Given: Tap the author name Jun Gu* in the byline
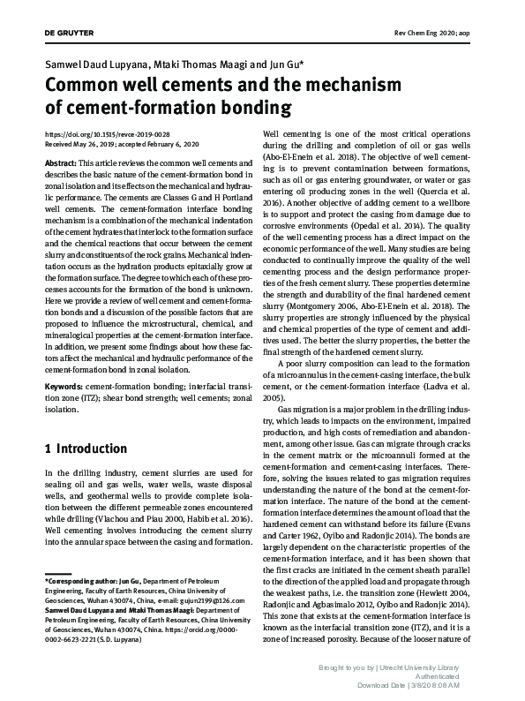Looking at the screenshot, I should (x=284, y=66).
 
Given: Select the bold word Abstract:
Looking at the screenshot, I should (x=60, y=165).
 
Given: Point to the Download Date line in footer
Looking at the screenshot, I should (x=427, y=685).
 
